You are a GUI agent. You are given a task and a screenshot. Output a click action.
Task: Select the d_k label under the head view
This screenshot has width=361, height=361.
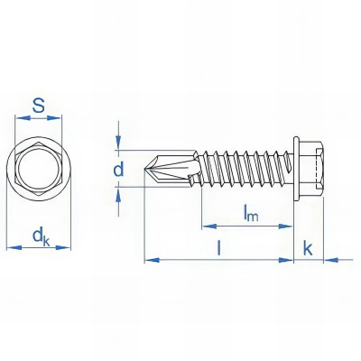click(x=40, y=237)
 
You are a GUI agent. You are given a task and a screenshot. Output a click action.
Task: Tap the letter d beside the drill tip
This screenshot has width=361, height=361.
click(x=117, y=170)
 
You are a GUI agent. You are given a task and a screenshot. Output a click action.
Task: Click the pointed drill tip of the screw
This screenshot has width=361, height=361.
click(x=151, y=168)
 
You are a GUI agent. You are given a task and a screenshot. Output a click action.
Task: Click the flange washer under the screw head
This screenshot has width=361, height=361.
click(x=296, y=167)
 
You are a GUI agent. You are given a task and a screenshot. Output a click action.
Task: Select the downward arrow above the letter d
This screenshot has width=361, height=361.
click(x=117, y=143)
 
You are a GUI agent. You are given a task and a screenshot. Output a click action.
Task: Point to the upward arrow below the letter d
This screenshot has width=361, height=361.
click(x=117, y=192)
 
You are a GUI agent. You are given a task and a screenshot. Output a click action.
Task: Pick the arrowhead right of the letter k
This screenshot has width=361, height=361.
click(x=327, y=260)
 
